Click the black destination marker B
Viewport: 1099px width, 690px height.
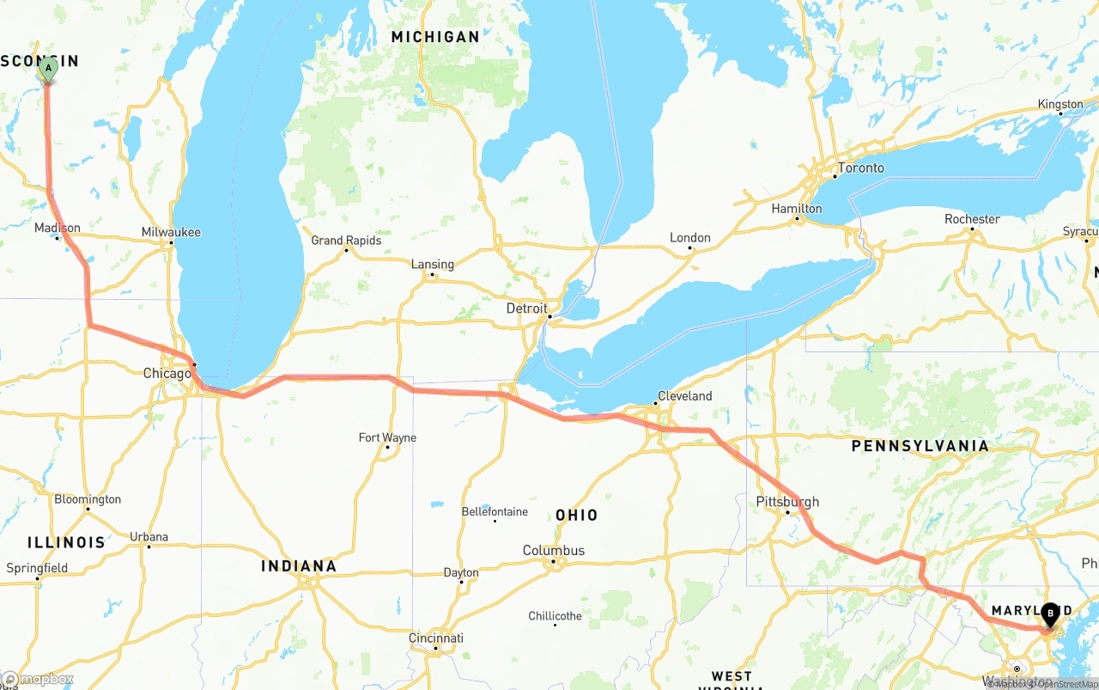pos(1049,614)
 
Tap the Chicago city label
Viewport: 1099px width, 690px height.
pos(167,374)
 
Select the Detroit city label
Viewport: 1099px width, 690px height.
pos(526,308)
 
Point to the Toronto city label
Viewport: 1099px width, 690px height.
pos(860,168)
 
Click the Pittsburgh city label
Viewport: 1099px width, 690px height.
pos(787,502)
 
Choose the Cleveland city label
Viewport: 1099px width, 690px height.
pos(684,396)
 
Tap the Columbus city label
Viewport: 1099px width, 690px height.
pos(554,551)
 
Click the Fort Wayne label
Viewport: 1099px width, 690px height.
pos(387,438)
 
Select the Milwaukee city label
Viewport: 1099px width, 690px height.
pos(171,232)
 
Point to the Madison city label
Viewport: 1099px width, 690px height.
pos(58,228)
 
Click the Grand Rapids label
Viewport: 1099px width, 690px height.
pos(346,241)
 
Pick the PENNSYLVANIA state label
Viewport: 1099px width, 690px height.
pos(920,446)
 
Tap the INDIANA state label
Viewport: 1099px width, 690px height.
pos(299,566)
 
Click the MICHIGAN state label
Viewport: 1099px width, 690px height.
pos(435,37)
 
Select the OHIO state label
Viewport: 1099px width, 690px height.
pos(576,515)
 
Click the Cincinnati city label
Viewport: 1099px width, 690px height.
pos(435,638)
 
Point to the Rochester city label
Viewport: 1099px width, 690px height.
pos(972,219)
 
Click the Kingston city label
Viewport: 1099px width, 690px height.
pos(1060,104)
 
